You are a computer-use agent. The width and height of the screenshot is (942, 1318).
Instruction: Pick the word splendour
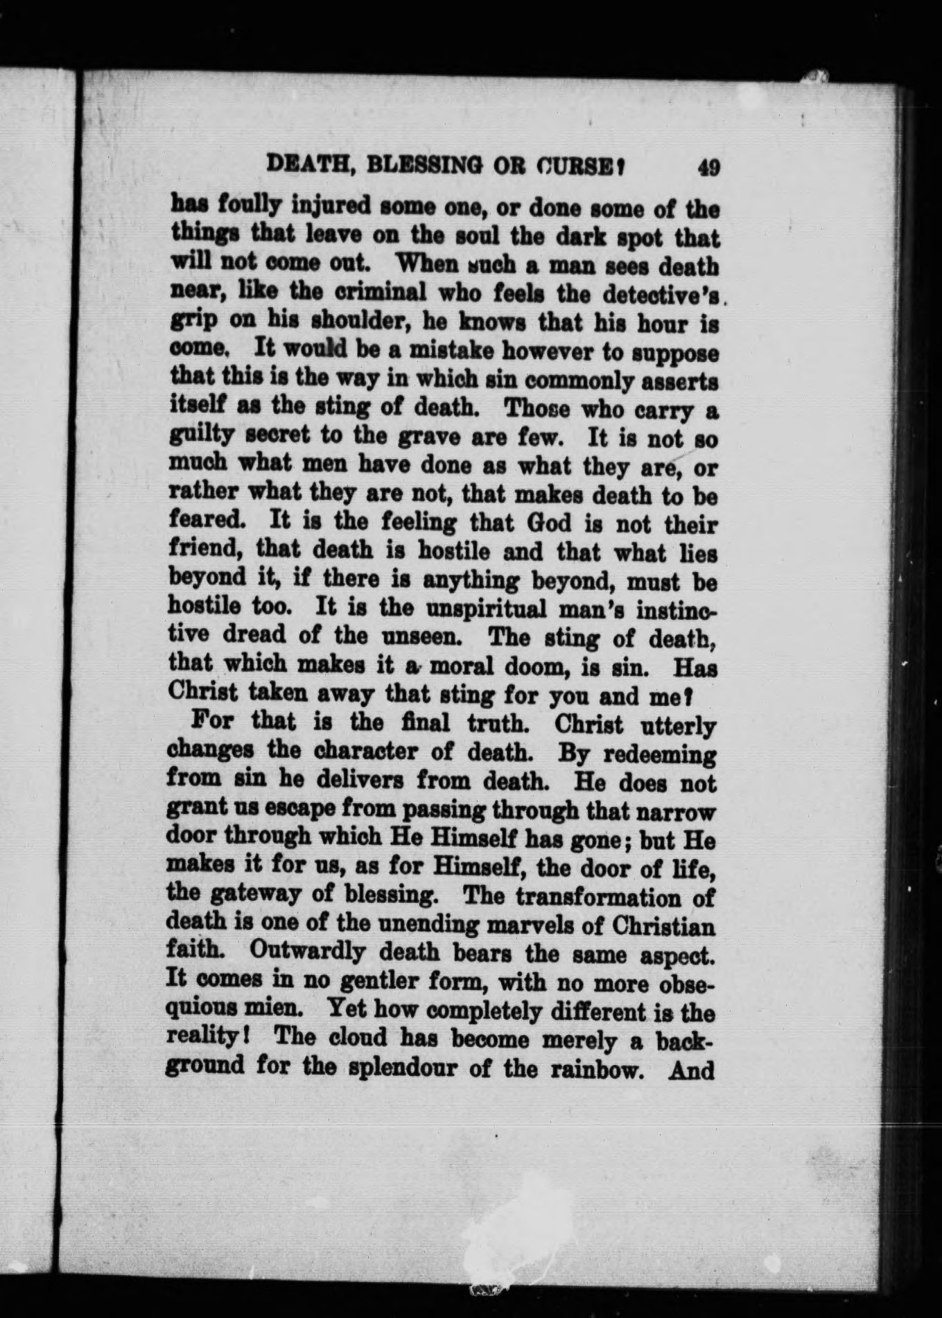tap(391, 1068)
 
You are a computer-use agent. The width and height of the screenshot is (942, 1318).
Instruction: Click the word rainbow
tap(593, 1069)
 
